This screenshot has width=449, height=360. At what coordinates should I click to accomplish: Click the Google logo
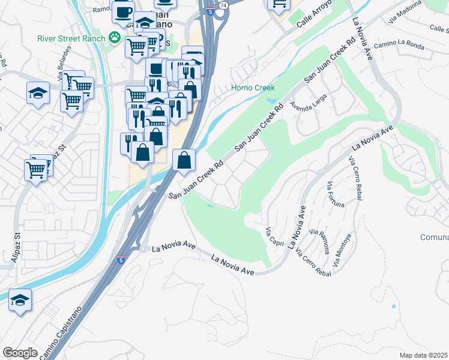[20, 353]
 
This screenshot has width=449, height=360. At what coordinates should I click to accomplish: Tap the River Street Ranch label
[71, 38]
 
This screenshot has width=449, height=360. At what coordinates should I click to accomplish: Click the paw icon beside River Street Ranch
[114, 38]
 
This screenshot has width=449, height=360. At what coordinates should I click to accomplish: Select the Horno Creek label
[253, 88]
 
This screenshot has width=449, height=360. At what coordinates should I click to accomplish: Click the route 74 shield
[223, 4]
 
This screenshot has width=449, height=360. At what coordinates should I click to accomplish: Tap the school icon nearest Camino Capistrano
[20, 299]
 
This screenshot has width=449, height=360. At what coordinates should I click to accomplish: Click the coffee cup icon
[123, 11]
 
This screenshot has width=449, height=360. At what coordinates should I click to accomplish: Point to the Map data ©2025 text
[424, 355]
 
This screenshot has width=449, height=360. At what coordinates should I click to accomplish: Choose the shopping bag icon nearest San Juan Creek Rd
[183, 160]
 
